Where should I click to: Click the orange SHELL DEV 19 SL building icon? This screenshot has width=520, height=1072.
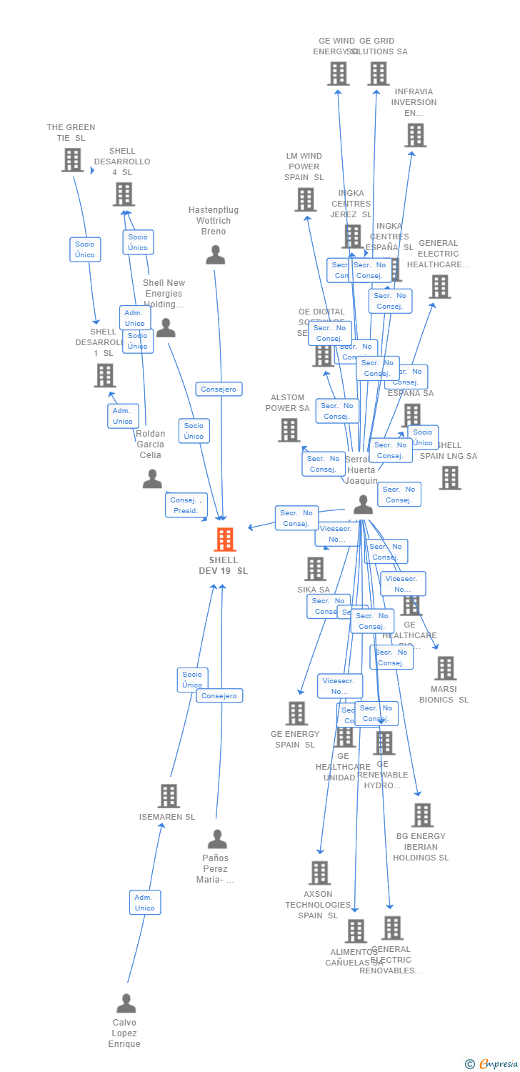pos(225,540)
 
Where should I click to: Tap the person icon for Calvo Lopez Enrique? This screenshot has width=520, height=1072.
pos(126,1003)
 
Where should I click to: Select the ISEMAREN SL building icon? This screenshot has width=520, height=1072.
pos(169,796)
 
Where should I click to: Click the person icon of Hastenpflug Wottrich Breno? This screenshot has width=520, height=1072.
pos(215,255)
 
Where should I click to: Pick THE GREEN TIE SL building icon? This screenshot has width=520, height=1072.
pos(72,160)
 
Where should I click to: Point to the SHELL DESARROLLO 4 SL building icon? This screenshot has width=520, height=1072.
pos(124,194)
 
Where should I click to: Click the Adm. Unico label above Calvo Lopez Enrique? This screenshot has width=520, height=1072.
pos(145,902)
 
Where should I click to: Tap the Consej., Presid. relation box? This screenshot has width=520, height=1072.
pos(186,505)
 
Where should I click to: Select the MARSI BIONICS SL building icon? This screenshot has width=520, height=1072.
pos(445,669)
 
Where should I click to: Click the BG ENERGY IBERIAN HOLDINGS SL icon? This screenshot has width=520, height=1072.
pos(422,815)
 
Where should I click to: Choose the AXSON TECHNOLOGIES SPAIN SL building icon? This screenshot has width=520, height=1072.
pos(319,873)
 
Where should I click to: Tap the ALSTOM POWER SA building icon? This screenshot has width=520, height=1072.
pos(289,430)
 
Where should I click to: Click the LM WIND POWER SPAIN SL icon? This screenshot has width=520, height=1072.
pos(306,200)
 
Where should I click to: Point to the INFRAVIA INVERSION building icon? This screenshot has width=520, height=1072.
pos(415,135)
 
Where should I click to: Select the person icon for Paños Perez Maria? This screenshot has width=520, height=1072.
pos(216,839)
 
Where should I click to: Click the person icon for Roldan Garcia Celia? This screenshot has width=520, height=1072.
pos(152,479)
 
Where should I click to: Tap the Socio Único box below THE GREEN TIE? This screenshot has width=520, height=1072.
pos(85,249)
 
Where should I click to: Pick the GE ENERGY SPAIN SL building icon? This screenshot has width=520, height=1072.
pos(296,713)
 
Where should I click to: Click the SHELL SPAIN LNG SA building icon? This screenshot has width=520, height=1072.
pos(450,478)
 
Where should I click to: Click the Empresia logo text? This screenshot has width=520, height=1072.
pos(498,1064)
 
